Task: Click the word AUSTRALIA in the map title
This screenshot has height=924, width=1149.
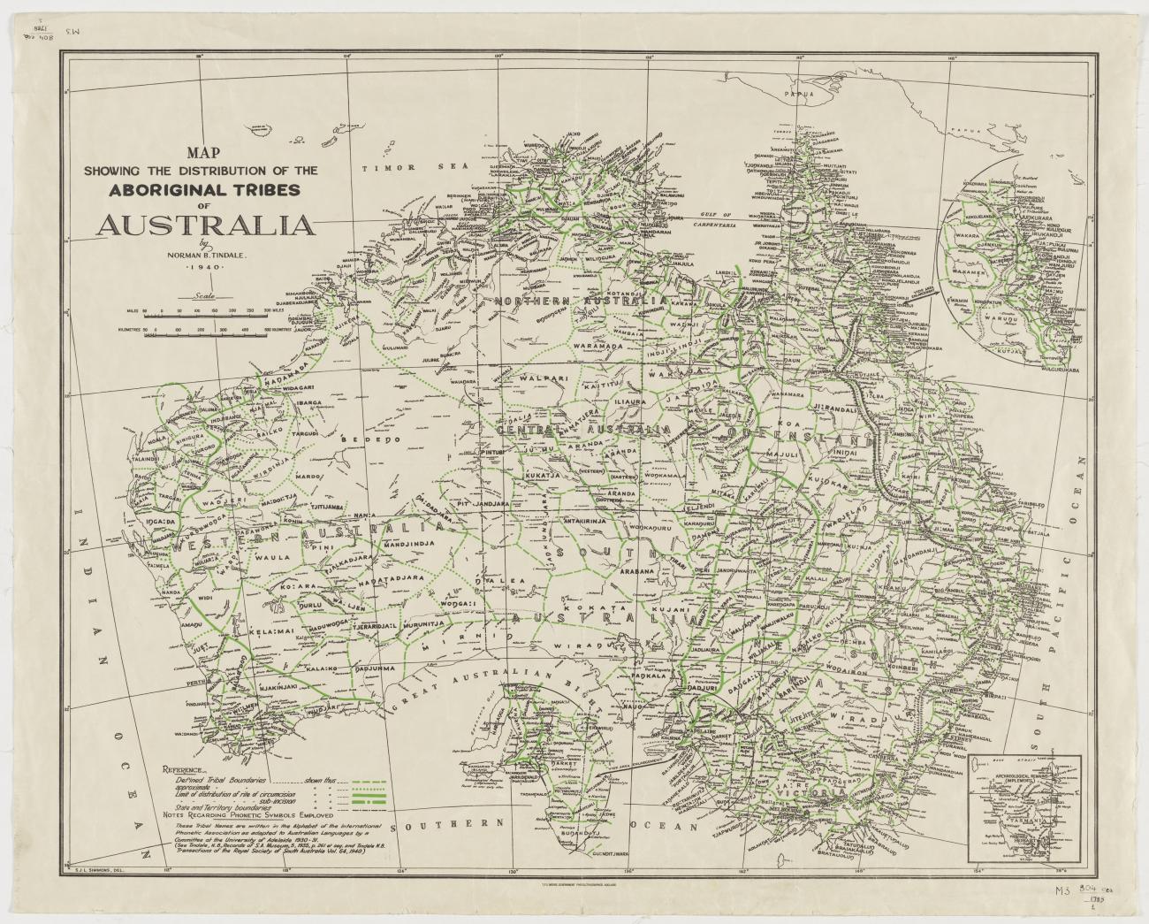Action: [205, 225]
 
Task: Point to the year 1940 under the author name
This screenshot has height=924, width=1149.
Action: [203, 266]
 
